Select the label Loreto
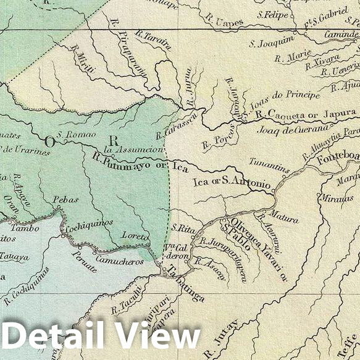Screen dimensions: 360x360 pyautogui.click(x=136, y=237)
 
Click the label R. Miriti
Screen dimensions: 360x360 pyautogui.click(x=82, y=59)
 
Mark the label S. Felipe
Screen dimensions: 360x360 pyautogui.click(x=269, y=13)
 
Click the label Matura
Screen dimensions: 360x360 pyautogui.click(x=284, y=219)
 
